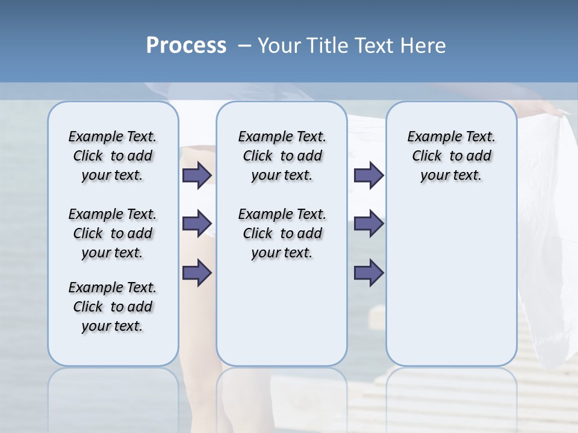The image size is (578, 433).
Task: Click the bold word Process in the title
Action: (x=186, y=45)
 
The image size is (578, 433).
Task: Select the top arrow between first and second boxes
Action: (x=196, y=175)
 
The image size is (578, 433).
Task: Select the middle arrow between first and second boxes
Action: (x=196, y=224)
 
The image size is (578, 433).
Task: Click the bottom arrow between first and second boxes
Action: (x=196, y=272)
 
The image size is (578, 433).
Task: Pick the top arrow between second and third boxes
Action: (x=368, y=175)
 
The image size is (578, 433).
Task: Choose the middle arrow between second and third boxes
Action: (x=368, y=224)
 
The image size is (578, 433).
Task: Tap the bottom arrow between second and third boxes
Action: (x=368, y=272)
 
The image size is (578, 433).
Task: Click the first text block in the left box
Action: (x=113, y=156)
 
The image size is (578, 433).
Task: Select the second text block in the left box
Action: (x=113, y=233)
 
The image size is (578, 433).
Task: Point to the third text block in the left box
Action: (x=113, y=307)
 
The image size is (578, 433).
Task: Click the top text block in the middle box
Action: (x=282, y=156)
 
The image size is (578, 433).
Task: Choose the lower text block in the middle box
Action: (x=282, y=233)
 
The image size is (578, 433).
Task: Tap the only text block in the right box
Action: (x=451, y=156)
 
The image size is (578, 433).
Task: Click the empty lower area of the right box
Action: (x=451, y=283)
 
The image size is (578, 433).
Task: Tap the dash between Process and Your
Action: (x=244, y=46)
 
